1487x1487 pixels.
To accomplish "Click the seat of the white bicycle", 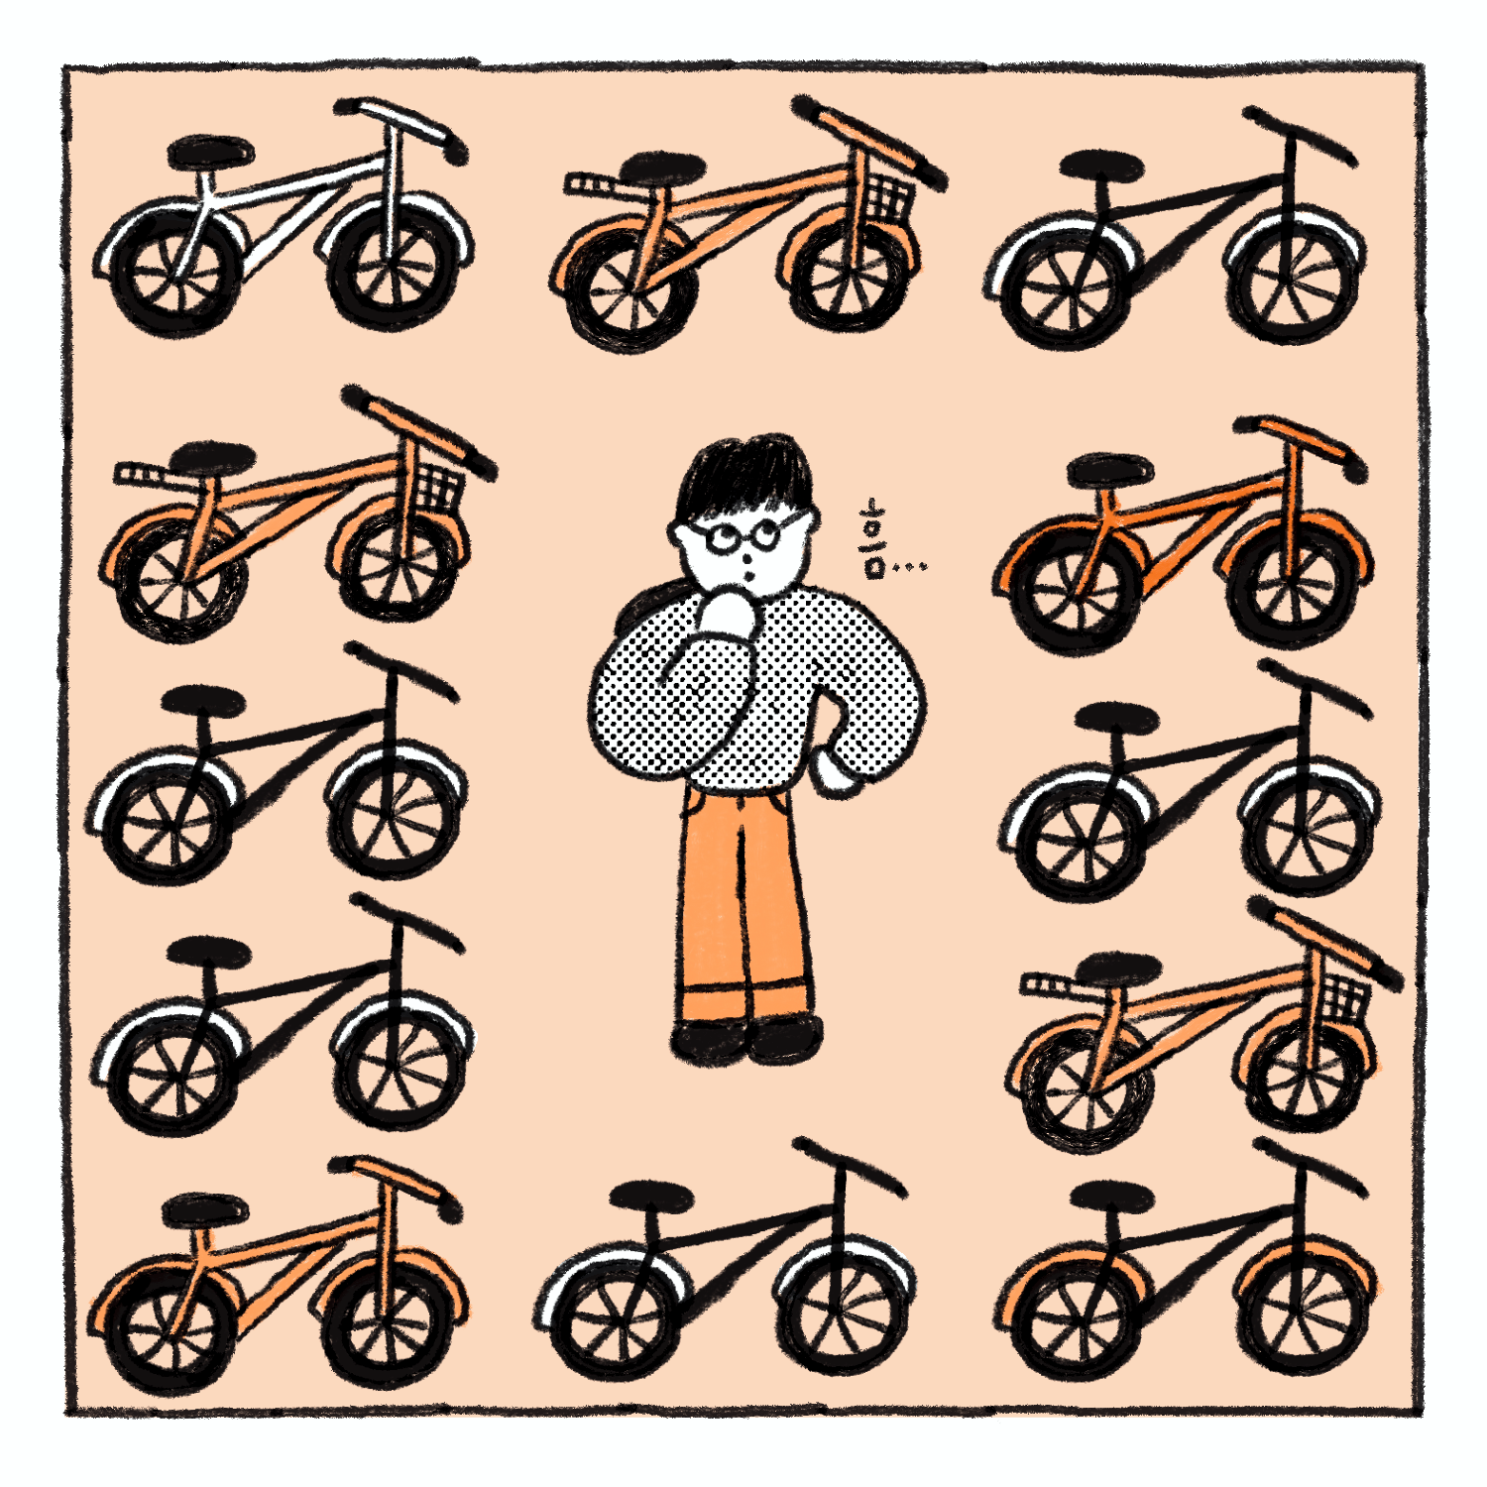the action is click(210, 152).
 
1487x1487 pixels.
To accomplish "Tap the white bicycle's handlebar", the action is click(401, 126).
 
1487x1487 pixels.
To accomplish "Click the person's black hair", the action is click(743, 476).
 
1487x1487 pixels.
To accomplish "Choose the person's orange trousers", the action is click(743, 902).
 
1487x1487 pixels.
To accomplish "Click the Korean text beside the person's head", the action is click(873, 540).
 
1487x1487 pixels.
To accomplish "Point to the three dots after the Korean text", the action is click(910, 567).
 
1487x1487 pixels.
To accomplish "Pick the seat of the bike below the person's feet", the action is click(651, 1197).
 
